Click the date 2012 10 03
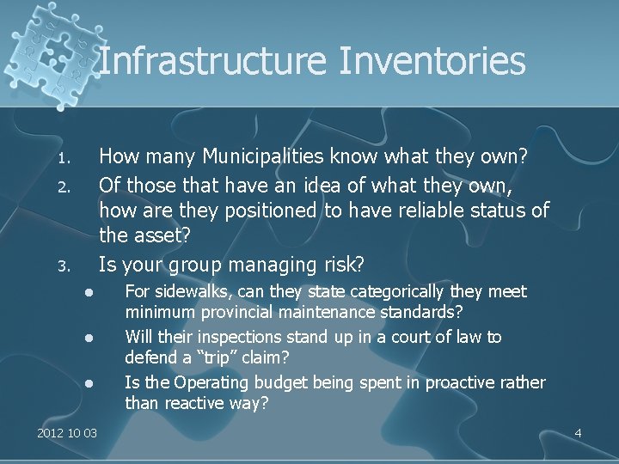(67, 433)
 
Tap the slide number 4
(578, 433)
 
